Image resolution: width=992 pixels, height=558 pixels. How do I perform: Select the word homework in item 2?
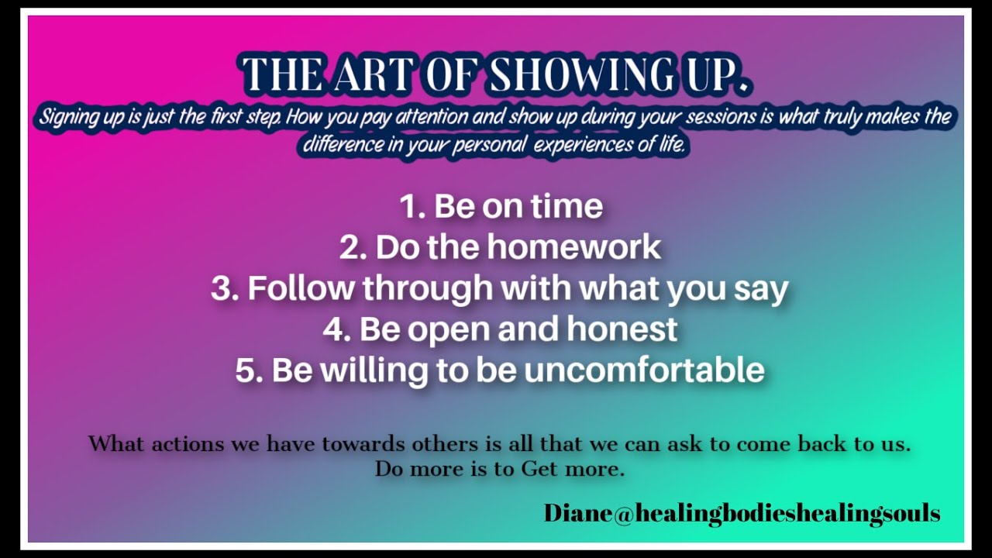pos(573,247)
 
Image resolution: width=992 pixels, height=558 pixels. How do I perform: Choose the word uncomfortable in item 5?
pos(644,370)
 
